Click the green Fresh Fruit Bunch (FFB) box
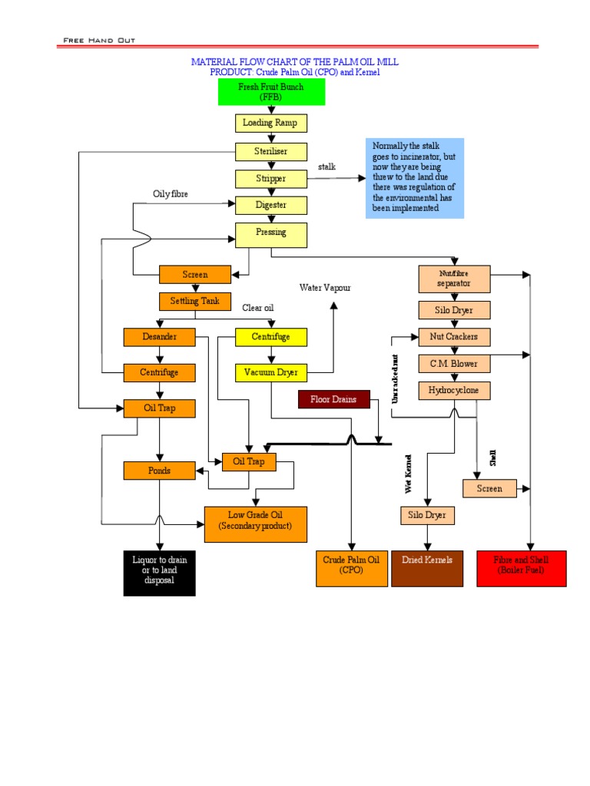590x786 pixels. pyautogui.click(x=271, y=92)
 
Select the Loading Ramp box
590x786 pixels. pyautogui.click(x=271, y=123)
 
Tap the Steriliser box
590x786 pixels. pyautogui.click(x=271, y=151)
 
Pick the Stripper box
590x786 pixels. pyautogui.click(x=271, y=179)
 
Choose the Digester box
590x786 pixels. pyautogui.click(x=271, y=205)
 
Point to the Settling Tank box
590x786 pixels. pyautogui.click(x=195, y=301)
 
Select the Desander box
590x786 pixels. pyautogui.click(x=160, y=337)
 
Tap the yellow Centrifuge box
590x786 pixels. pyautogui.click(x=271, y=337)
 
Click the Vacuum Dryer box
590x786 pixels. pyautogui.click(x=271, y=373)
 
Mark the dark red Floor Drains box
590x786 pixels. pyautogui.click(x=333, y=399)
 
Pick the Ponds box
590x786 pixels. pyautogui.click(x=160, y=471)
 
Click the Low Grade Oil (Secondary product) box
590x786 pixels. pyautogui.click(x=255, y=524)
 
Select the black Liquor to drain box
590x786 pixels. pyautogui.click(x=160, y=573)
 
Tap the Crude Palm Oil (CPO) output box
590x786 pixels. pyautogui.click(x=351, y=568)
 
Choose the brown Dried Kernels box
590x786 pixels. pyautogui.click(x=427, y=568)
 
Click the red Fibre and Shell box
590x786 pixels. pyautogui.click(x=522, y=568)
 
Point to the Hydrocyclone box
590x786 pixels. pyautogui.click(x=454, y=391)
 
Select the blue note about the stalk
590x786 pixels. pyautogui.click(x=415, y=178)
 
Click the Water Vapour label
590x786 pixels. pyautogui.click(x=325, y=288)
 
